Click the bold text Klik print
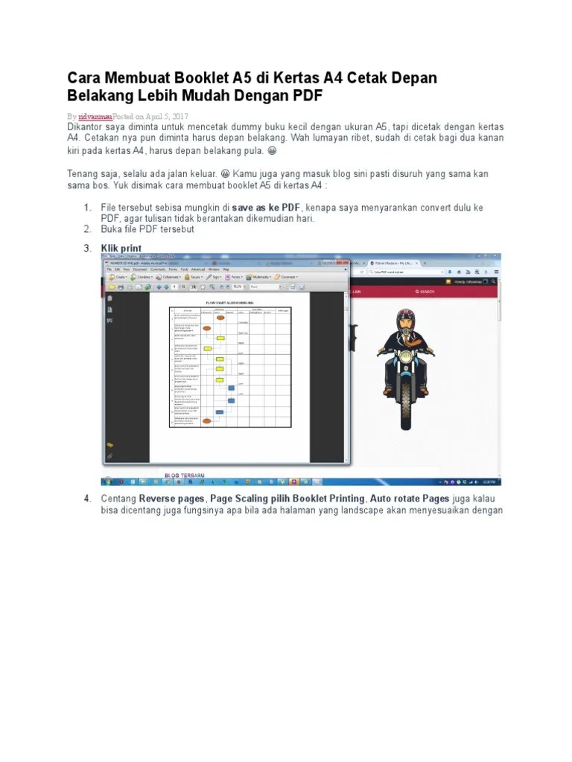tap(121, 247)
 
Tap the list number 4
tap(87, 498)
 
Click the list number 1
tap(87, 207)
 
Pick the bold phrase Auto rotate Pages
tap(410, 498)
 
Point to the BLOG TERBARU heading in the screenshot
tap(185, 475)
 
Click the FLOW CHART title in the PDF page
tap(230, 303)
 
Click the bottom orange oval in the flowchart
tap(208, 421)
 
